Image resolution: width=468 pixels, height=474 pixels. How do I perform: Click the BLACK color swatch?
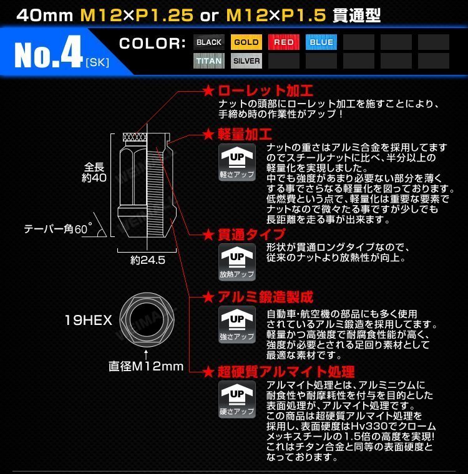209,42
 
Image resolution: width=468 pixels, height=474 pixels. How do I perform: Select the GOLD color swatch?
246,42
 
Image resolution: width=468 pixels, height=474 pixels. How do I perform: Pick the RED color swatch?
284,42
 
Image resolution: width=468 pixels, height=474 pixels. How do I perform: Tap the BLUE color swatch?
321,42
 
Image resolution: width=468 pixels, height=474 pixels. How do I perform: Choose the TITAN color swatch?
209,61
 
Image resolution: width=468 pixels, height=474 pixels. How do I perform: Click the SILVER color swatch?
246,61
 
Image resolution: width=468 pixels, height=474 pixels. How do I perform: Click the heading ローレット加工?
265,91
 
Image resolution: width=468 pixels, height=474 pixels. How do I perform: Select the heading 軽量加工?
244,134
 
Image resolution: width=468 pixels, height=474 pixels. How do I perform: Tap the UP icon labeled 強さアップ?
237,324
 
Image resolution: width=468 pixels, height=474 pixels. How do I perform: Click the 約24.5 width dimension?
148,261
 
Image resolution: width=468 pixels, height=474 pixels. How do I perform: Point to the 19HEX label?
88,321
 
